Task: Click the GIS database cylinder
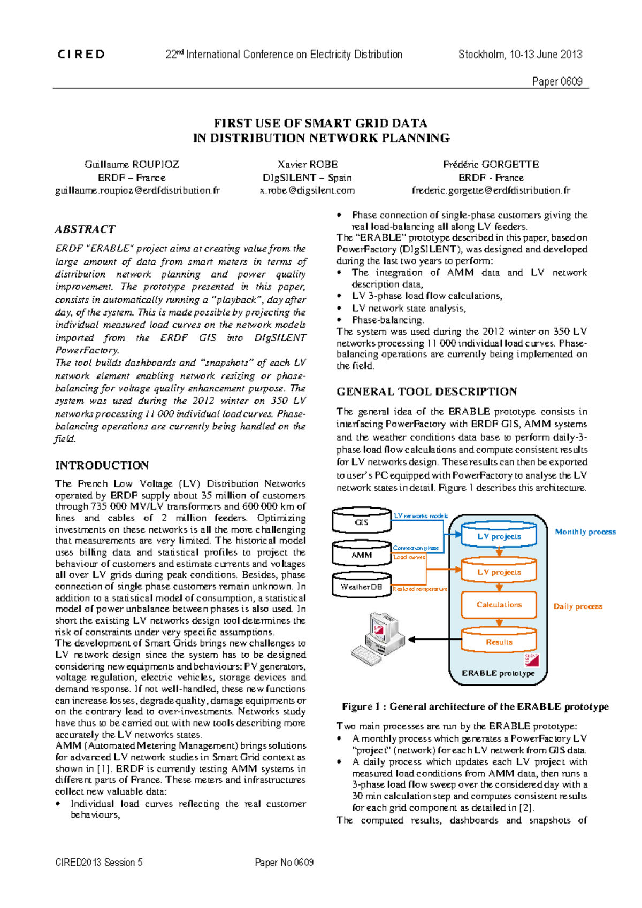(x=362, y=521)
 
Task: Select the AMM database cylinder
(x=362, y=555)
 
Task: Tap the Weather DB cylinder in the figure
(x=362, y=586)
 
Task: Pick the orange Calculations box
(x=499, y=605)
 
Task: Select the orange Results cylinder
(x=499, y=641)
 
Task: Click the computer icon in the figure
(x=377, y=638)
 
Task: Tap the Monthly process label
(x=585, y=532)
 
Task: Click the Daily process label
(x=578, y=606)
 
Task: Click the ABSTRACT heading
(x=85, y=229)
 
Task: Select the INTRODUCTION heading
(x=102, y=465)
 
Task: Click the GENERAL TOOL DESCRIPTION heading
(x=426, y=391)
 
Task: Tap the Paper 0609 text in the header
(x=557, y=81)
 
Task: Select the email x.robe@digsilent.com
(x=307, y=190)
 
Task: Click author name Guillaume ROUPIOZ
(x=132, y=164)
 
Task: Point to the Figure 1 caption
(x=475, y=706)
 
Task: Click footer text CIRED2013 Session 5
(x=99, y=862)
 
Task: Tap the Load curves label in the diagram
(x=409, y=557)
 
